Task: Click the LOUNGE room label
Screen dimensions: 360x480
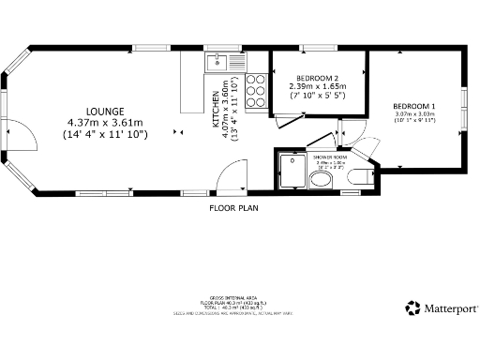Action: pos(104,111)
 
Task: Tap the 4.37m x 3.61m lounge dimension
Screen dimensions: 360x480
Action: pos(104,123)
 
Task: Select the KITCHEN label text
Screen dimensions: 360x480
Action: pos(216,111)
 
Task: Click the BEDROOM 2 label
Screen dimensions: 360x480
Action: pos(317,77)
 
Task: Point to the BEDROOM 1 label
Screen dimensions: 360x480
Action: pos(413,105)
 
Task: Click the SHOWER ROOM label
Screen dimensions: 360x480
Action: pos(329,157)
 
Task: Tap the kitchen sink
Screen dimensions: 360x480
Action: pos(217,63)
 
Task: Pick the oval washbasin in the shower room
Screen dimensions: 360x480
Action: pos(321,178)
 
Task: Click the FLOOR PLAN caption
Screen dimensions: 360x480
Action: pos(233,207)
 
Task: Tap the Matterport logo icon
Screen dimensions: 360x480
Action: pos(412,307)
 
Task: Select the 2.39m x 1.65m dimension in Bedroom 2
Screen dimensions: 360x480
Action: pos(317,86)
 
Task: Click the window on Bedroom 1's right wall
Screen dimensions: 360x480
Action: pos(464,100)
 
